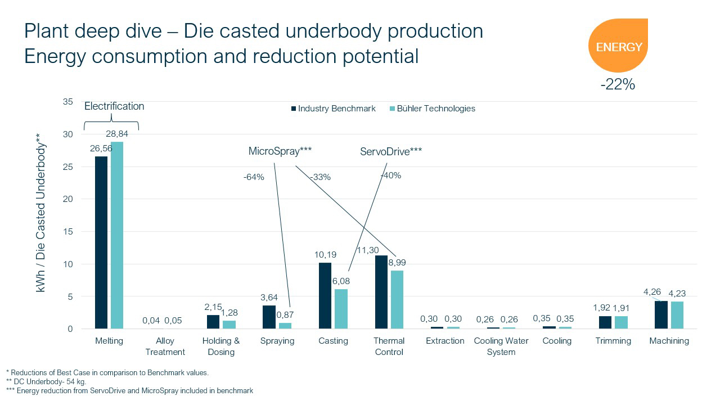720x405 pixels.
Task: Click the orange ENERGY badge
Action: (618, 46)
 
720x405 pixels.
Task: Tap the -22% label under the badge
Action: (618, 85)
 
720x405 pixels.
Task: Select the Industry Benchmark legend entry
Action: (333, 109)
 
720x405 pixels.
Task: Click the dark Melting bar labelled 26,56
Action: (101, 242)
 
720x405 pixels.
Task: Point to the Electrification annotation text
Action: (114, 106)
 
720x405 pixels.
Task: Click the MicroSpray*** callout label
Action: (280, 151)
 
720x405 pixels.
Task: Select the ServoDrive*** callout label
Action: (391, 151)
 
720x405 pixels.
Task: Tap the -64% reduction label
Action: (254, 177)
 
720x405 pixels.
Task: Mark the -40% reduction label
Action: (391, 175)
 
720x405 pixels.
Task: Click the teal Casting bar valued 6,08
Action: (341, 309)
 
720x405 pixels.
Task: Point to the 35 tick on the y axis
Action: (68, 102)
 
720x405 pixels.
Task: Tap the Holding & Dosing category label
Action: (221, 346)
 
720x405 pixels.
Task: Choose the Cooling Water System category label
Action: (501, 346)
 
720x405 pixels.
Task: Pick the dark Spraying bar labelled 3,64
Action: (269, 317)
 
